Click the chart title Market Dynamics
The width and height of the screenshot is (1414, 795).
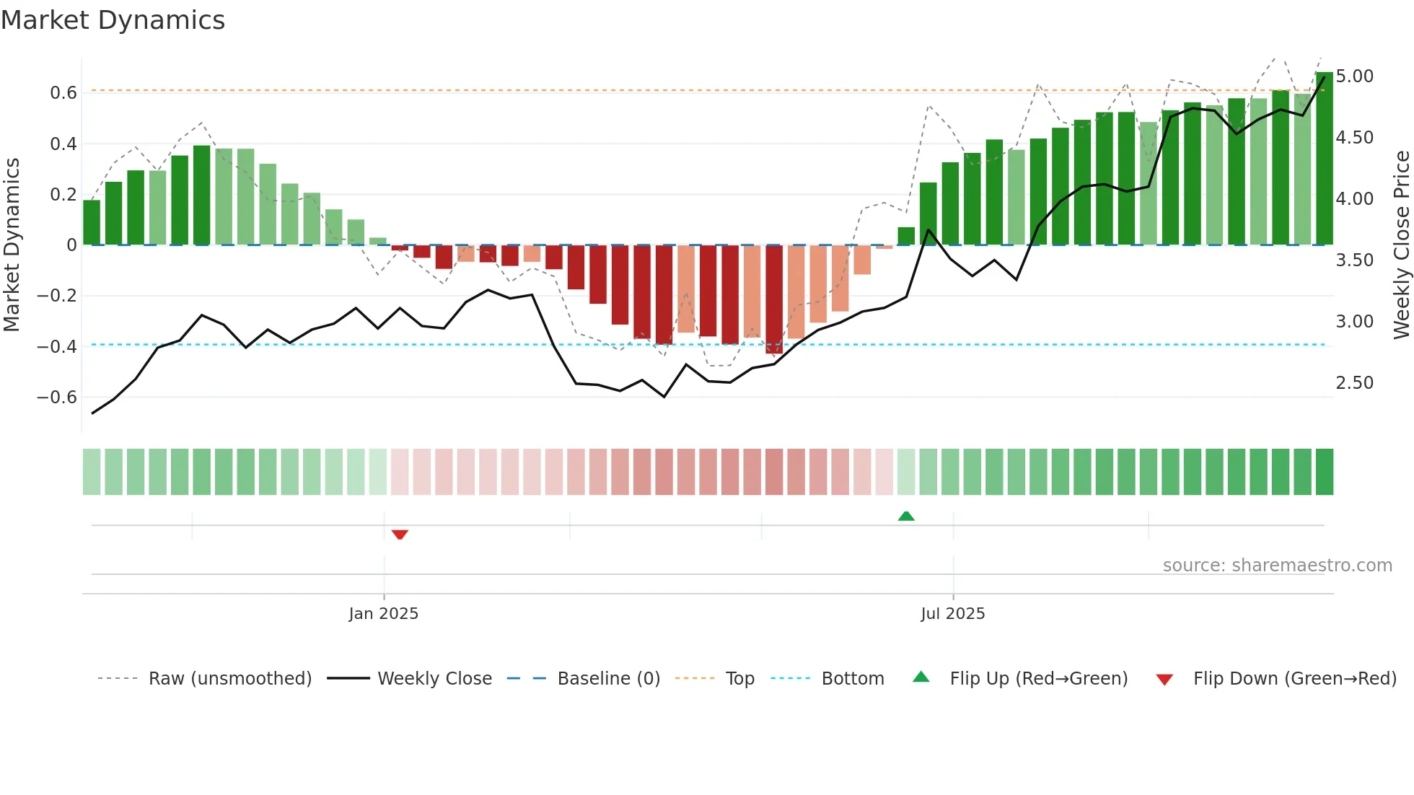113,20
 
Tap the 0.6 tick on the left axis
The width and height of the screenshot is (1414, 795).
63,93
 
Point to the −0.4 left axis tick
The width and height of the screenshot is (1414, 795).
57,347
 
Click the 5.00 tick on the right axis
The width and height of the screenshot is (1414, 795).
1354,76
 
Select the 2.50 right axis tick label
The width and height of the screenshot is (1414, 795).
1354,383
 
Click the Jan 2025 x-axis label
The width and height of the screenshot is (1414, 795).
383,614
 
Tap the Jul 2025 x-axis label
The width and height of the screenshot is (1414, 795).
952,614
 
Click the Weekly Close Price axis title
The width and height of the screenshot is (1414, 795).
1401,245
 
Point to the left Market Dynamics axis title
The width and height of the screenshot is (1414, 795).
12,245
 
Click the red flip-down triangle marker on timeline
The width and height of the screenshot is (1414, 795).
400,535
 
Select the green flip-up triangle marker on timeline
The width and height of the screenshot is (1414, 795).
906,516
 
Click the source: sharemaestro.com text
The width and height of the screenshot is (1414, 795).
1277,566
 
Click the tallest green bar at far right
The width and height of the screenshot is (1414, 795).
1324,159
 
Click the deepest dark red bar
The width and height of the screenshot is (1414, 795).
774,299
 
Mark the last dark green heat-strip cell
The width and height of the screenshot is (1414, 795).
1324,472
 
